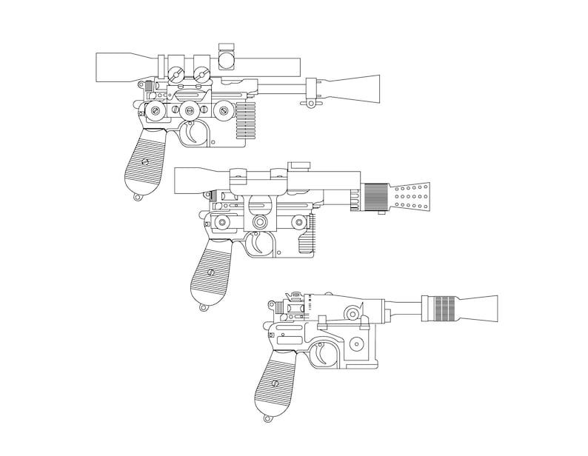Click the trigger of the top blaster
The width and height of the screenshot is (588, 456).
[193, 133]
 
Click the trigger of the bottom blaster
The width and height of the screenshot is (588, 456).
[326, 354]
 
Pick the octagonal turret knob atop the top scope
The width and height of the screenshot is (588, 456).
[227, 56]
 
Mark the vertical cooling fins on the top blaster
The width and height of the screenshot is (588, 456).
[245, 120]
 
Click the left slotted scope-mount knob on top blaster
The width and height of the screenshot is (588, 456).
[176, 73]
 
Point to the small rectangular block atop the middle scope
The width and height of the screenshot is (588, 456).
[299, 164]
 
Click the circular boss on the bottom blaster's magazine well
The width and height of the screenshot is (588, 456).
[358, 344]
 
